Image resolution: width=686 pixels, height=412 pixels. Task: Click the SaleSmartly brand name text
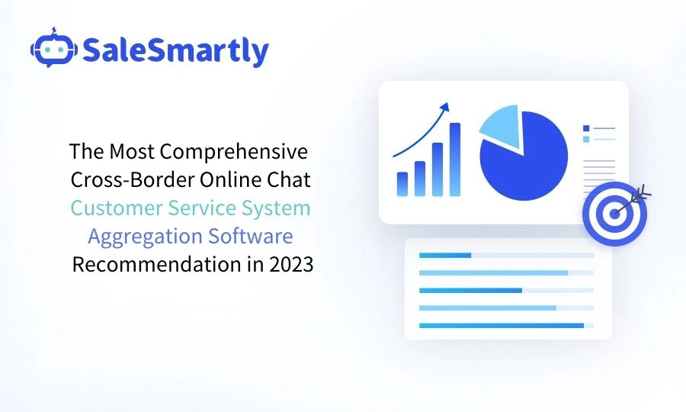click(x=175, y=50)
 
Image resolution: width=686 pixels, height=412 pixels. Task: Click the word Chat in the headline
click(x=292, y=179)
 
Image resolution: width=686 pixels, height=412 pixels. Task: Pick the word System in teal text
click(x=277, y=208)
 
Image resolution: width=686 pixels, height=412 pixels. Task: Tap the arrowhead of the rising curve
click(x=445, y=106)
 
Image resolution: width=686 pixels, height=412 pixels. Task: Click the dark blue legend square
click(x=585, y=128)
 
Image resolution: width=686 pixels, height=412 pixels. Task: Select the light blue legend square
click(x=585, y=139)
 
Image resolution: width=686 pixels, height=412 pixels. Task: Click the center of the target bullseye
click(x=614, y=214)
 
